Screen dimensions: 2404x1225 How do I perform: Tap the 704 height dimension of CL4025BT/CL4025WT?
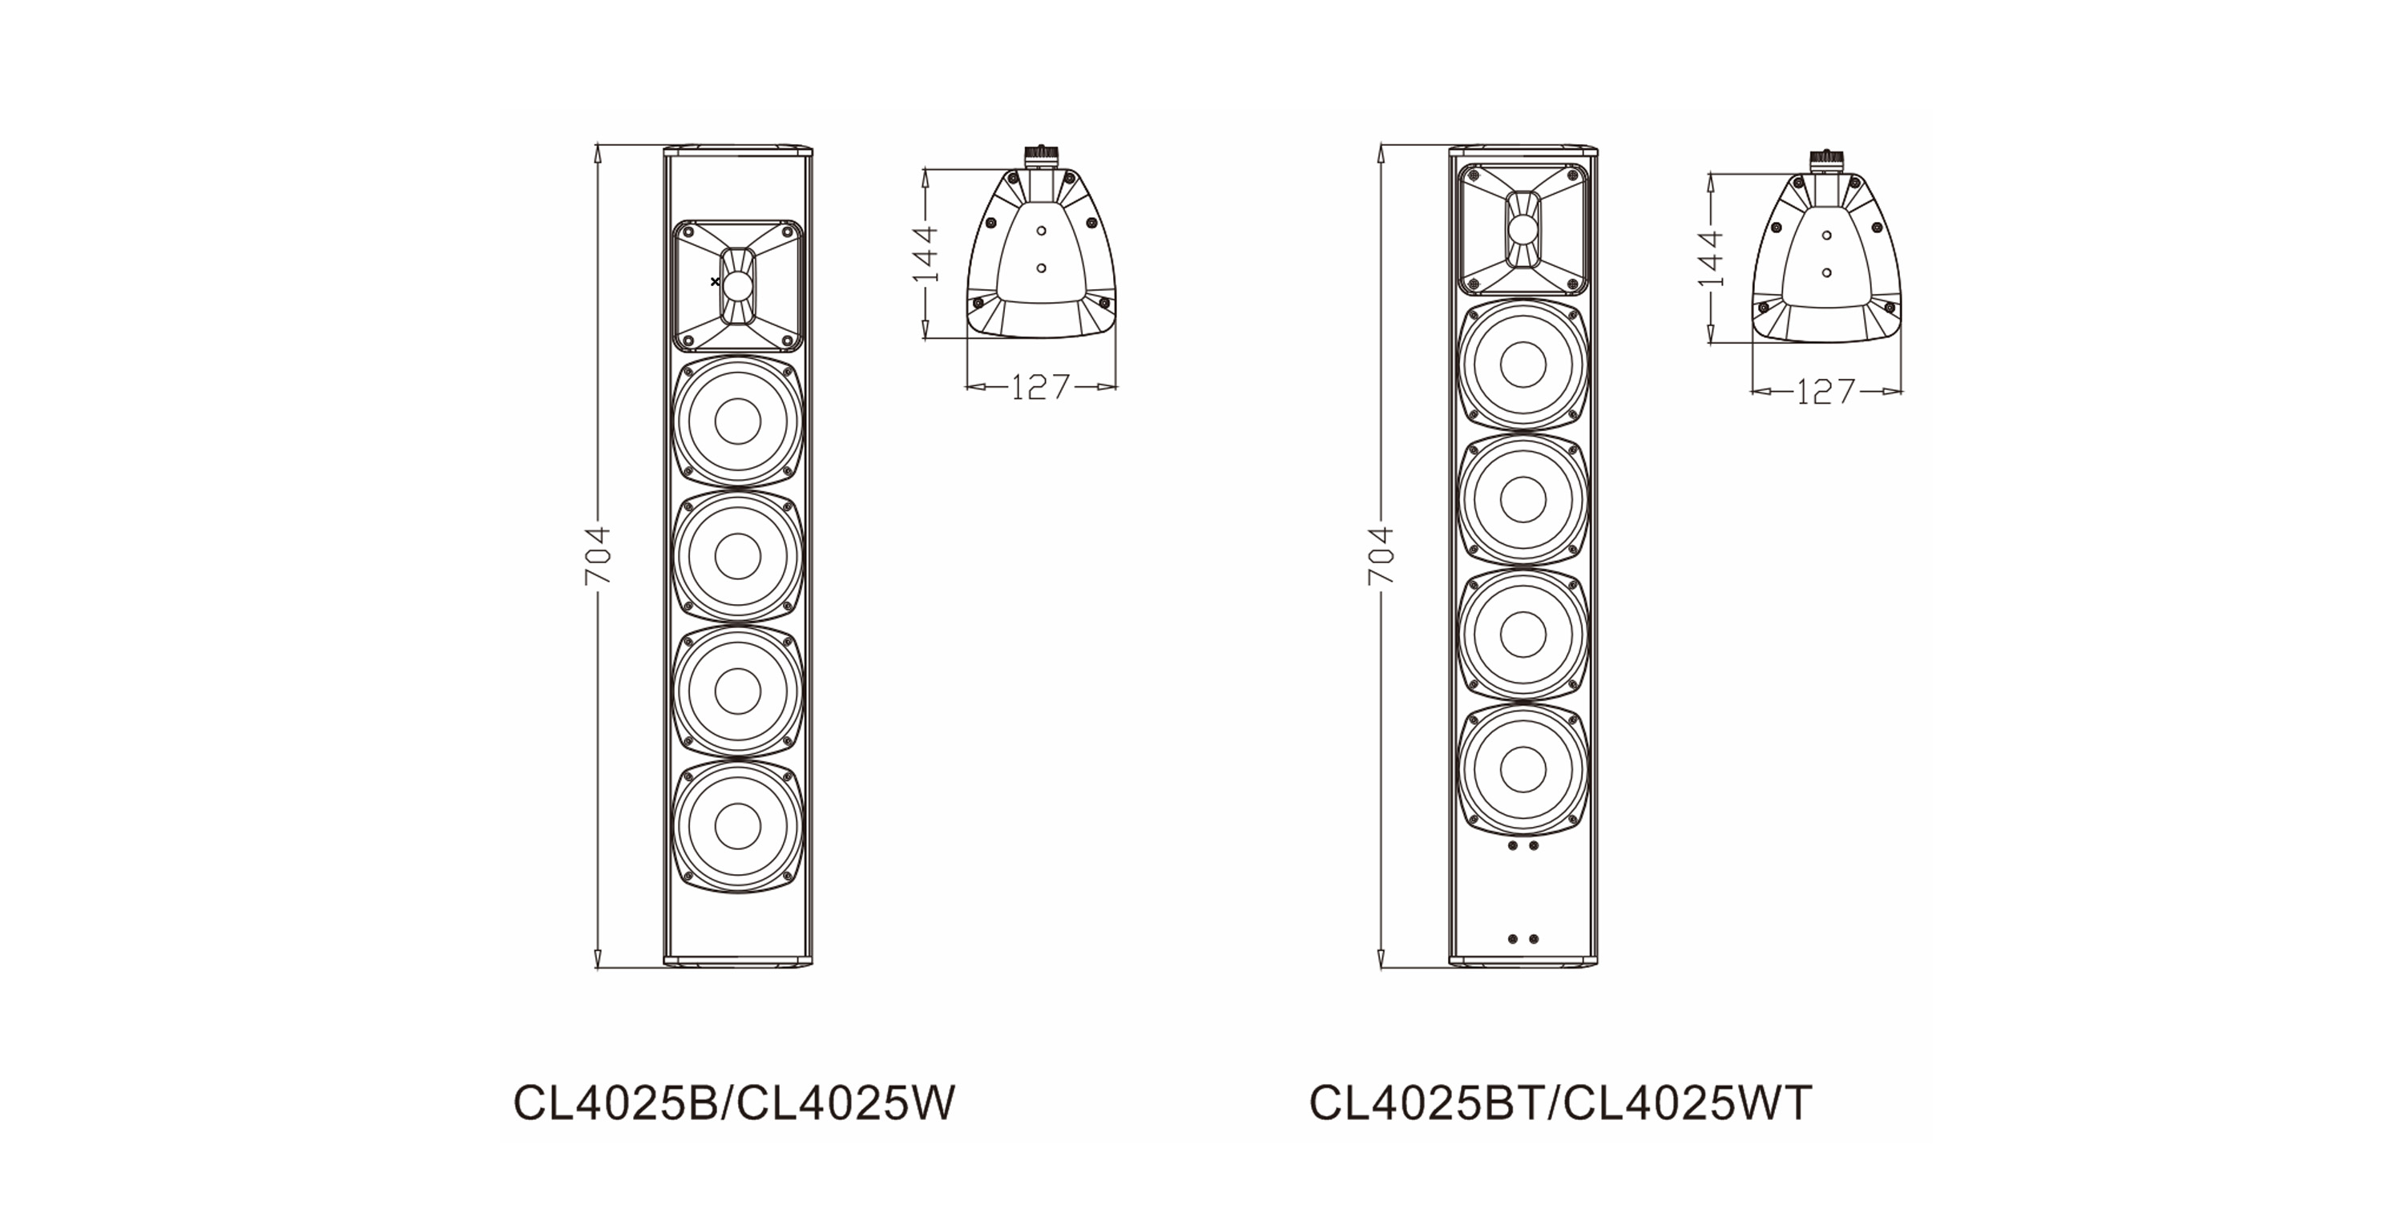point(1381,556)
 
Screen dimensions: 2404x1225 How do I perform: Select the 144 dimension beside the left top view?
point(925,253)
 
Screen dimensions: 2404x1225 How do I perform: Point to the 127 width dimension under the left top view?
point(1041,385)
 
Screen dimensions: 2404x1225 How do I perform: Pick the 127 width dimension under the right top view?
point(1826,391)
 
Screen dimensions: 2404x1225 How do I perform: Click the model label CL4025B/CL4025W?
point(735,1102)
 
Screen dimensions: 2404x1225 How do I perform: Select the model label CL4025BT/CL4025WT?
point(1560,1102)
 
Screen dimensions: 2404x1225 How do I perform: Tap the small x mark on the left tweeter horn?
point(715,281)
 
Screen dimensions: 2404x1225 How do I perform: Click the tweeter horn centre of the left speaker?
point(737,285)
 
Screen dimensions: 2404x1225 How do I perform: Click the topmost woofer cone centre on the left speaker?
point(737,421)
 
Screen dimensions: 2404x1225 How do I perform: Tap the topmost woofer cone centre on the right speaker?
point(1523,365)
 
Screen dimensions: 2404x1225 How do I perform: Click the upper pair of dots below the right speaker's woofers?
point(1523,846)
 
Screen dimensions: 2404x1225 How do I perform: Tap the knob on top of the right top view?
point(1826,160)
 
